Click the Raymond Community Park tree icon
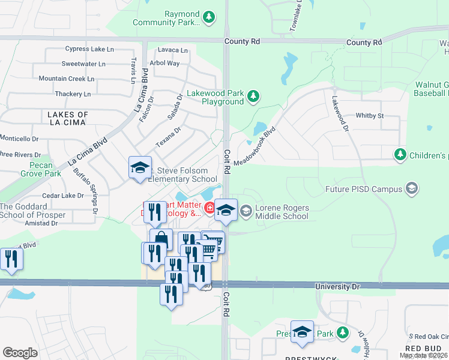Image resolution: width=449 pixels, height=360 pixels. [209, 17]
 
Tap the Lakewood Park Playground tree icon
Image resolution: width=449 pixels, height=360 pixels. [254, 96]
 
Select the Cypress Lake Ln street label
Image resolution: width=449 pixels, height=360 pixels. [85, 49]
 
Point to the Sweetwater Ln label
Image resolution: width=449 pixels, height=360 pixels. [83, 64]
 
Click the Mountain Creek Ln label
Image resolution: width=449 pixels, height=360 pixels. [67, 79]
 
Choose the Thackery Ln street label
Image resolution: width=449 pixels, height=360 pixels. [73, 94]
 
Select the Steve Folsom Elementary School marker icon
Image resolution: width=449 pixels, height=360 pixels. [140, 167]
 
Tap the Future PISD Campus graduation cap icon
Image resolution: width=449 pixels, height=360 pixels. [412, 189]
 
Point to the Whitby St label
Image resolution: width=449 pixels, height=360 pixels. [370, 115]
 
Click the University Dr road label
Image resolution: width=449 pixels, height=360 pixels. [338, 287]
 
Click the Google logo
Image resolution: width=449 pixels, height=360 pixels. [20, 352]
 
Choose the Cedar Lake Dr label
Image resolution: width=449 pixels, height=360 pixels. [63, 196]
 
